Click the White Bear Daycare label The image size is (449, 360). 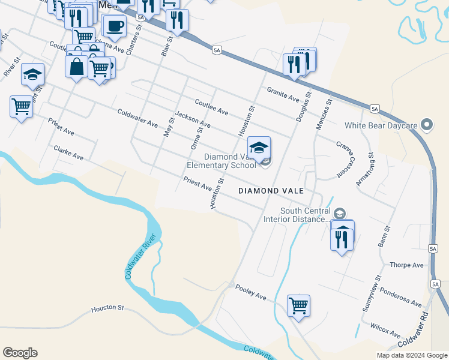(x=381, y=126)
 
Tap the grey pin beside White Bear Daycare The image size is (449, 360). (x=427, y=125)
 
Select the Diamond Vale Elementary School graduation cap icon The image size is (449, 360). (x=259, y=148)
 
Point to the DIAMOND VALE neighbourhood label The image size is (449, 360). (x=271, y=191)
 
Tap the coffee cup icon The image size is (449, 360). (x=115, y=26)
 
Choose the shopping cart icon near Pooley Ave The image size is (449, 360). (x=298, y=305)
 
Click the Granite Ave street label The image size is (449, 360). (x=283, y=94)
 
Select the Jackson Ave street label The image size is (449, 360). (x=193, y=120)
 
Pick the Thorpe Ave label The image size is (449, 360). (x=407, y=265)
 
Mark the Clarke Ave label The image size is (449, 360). (x=68, y=152)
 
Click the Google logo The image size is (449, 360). (x=20, y=353)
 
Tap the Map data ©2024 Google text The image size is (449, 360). (x=412, y=355)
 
